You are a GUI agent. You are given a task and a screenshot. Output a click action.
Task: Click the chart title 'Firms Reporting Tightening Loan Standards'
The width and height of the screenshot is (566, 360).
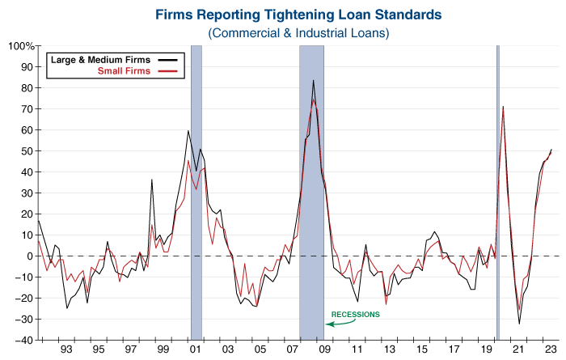pyautogui.click(x=298, y=14)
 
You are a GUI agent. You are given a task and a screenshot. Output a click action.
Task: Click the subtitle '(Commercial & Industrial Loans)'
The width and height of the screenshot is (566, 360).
pyautogui.click(x=298, y=33)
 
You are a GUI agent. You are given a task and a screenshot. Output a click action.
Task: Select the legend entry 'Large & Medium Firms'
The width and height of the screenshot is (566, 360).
pyautogui.click(x=102, y=60)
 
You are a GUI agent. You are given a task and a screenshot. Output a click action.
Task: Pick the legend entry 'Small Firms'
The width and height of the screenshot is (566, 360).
pyautogui.click(x=125, y=71)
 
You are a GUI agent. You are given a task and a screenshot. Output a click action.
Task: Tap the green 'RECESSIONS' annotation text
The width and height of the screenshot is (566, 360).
pyautogui.click(x=356, y=314)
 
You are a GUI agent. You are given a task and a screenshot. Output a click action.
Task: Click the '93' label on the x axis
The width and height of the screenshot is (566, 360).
pyautogui.click(x=65, y=352)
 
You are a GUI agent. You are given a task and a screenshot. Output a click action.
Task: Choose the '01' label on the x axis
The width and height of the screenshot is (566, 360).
pyautogui.click(x=195, y=352)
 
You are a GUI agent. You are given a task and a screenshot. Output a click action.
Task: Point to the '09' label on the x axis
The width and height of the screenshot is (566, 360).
pyautogui.click(x=324, y=352)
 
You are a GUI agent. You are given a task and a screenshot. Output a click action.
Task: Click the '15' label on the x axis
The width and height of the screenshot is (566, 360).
pyautogui.click(x=421, y=352)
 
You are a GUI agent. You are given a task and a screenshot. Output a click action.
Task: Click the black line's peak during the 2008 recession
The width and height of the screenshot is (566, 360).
pyautogui.click(x=313, y=80)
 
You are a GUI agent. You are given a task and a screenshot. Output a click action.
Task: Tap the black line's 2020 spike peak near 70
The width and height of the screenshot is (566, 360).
pyautogui.click(x=503, y=107)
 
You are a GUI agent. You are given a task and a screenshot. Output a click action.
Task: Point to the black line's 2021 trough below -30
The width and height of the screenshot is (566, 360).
pyautogui.click(x=519, y=324)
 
